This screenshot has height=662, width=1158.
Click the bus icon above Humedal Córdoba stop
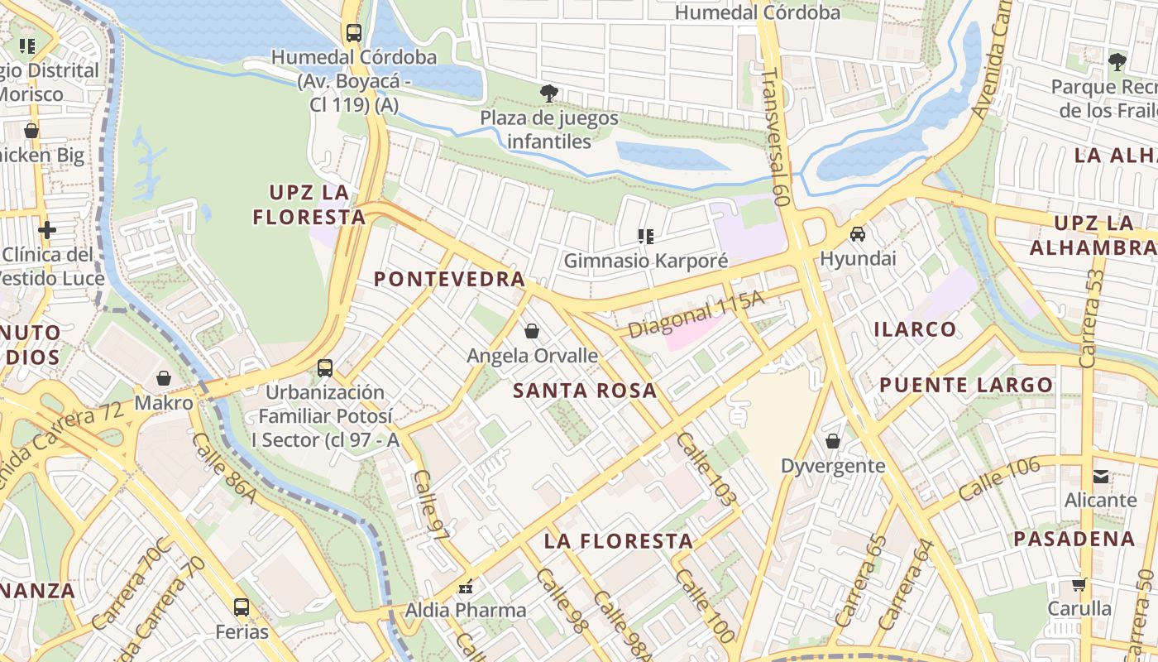click(x=353, y=33)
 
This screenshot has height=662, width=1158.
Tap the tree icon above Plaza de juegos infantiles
click(x=548, y=94)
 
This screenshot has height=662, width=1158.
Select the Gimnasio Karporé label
click(x=646, y=261)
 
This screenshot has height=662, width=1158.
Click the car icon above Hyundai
click(x=858, y=234)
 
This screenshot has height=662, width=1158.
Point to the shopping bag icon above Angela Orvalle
click(x=532, y=331)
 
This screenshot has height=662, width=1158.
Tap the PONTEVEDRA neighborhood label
click(x=449, y=280)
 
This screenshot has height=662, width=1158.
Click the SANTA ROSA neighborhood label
click(x=585, y=391)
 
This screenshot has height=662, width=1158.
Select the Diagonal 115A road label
click(x=695, y=314)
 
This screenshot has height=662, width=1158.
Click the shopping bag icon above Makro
click(x=164, y=378)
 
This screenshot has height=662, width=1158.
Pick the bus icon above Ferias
click(x=242, y=607)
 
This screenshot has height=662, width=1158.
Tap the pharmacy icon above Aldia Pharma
click(x=465, y=587)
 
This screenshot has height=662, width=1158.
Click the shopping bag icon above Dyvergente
click(x=833, y=441)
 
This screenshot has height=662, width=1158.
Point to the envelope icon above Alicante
click(x=1101, y=476)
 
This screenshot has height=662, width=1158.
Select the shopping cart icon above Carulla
click(x=1079, y=584)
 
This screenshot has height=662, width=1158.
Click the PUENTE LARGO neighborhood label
click(x=965, y=385)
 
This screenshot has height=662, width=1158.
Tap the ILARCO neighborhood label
click(x=915, y=329)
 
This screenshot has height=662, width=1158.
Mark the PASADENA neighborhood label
click(x=1074, y=539)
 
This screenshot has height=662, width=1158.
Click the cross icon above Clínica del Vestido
click(x=47, y=229)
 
